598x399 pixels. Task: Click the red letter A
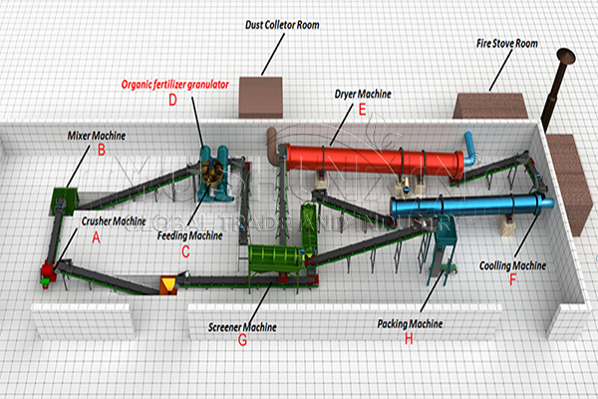[x=96, y=237]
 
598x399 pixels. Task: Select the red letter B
[x=100, y=151]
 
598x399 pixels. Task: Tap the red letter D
[x=172, y=100]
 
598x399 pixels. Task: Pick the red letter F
[x=512, y=280]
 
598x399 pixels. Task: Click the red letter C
[x=184, y=250]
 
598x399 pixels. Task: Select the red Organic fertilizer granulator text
[x=174, y=85]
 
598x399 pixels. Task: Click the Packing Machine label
[x=410, y=323]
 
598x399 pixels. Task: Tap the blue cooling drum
[x=468, y=206]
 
